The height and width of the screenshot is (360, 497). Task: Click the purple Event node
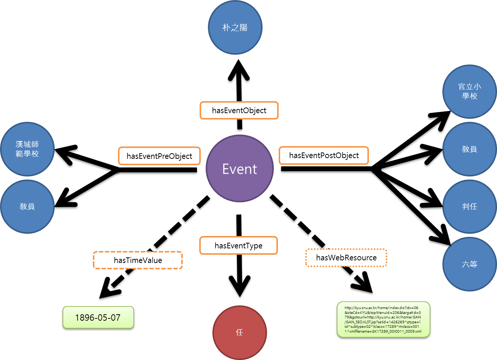tap(240, 169)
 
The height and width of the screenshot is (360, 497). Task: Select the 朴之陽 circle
tap(235, 27)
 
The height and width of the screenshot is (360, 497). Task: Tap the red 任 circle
tap(240, 332)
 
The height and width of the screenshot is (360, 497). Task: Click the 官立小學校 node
tap(469, 91)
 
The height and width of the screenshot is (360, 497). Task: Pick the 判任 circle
tap(469, 206)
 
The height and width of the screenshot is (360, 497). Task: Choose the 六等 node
tap(469, 264)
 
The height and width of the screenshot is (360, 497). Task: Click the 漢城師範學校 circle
tap(27, 149)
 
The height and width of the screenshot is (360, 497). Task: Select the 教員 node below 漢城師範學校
tap(27, 206)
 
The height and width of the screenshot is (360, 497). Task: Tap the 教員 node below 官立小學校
tap(469, 149)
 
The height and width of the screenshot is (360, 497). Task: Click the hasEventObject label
tap(239, 111)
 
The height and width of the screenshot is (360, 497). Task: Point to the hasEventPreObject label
tap(159, 156)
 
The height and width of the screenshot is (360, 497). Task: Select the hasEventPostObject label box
tap(324, 155)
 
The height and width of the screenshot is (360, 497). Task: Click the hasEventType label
tap(239, 246)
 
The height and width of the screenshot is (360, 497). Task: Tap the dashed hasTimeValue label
tap(138, 260)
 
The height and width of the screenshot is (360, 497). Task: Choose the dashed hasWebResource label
tap(346, 258)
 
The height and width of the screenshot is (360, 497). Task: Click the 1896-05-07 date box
tap(98, 318)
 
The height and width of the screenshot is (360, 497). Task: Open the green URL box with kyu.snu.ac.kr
tap(383, 320)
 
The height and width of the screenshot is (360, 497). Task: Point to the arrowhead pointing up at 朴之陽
tap(239, 71)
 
